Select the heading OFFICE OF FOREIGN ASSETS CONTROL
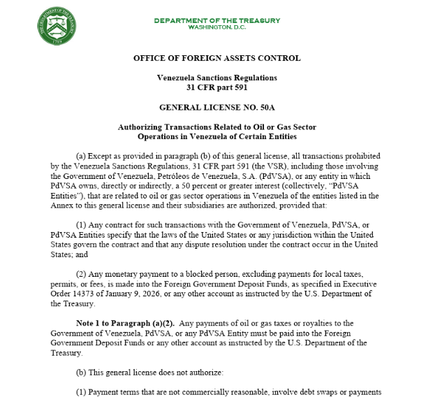216,58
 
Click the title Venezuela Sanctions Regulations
216,78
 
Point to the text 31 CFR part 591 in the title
216,87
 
